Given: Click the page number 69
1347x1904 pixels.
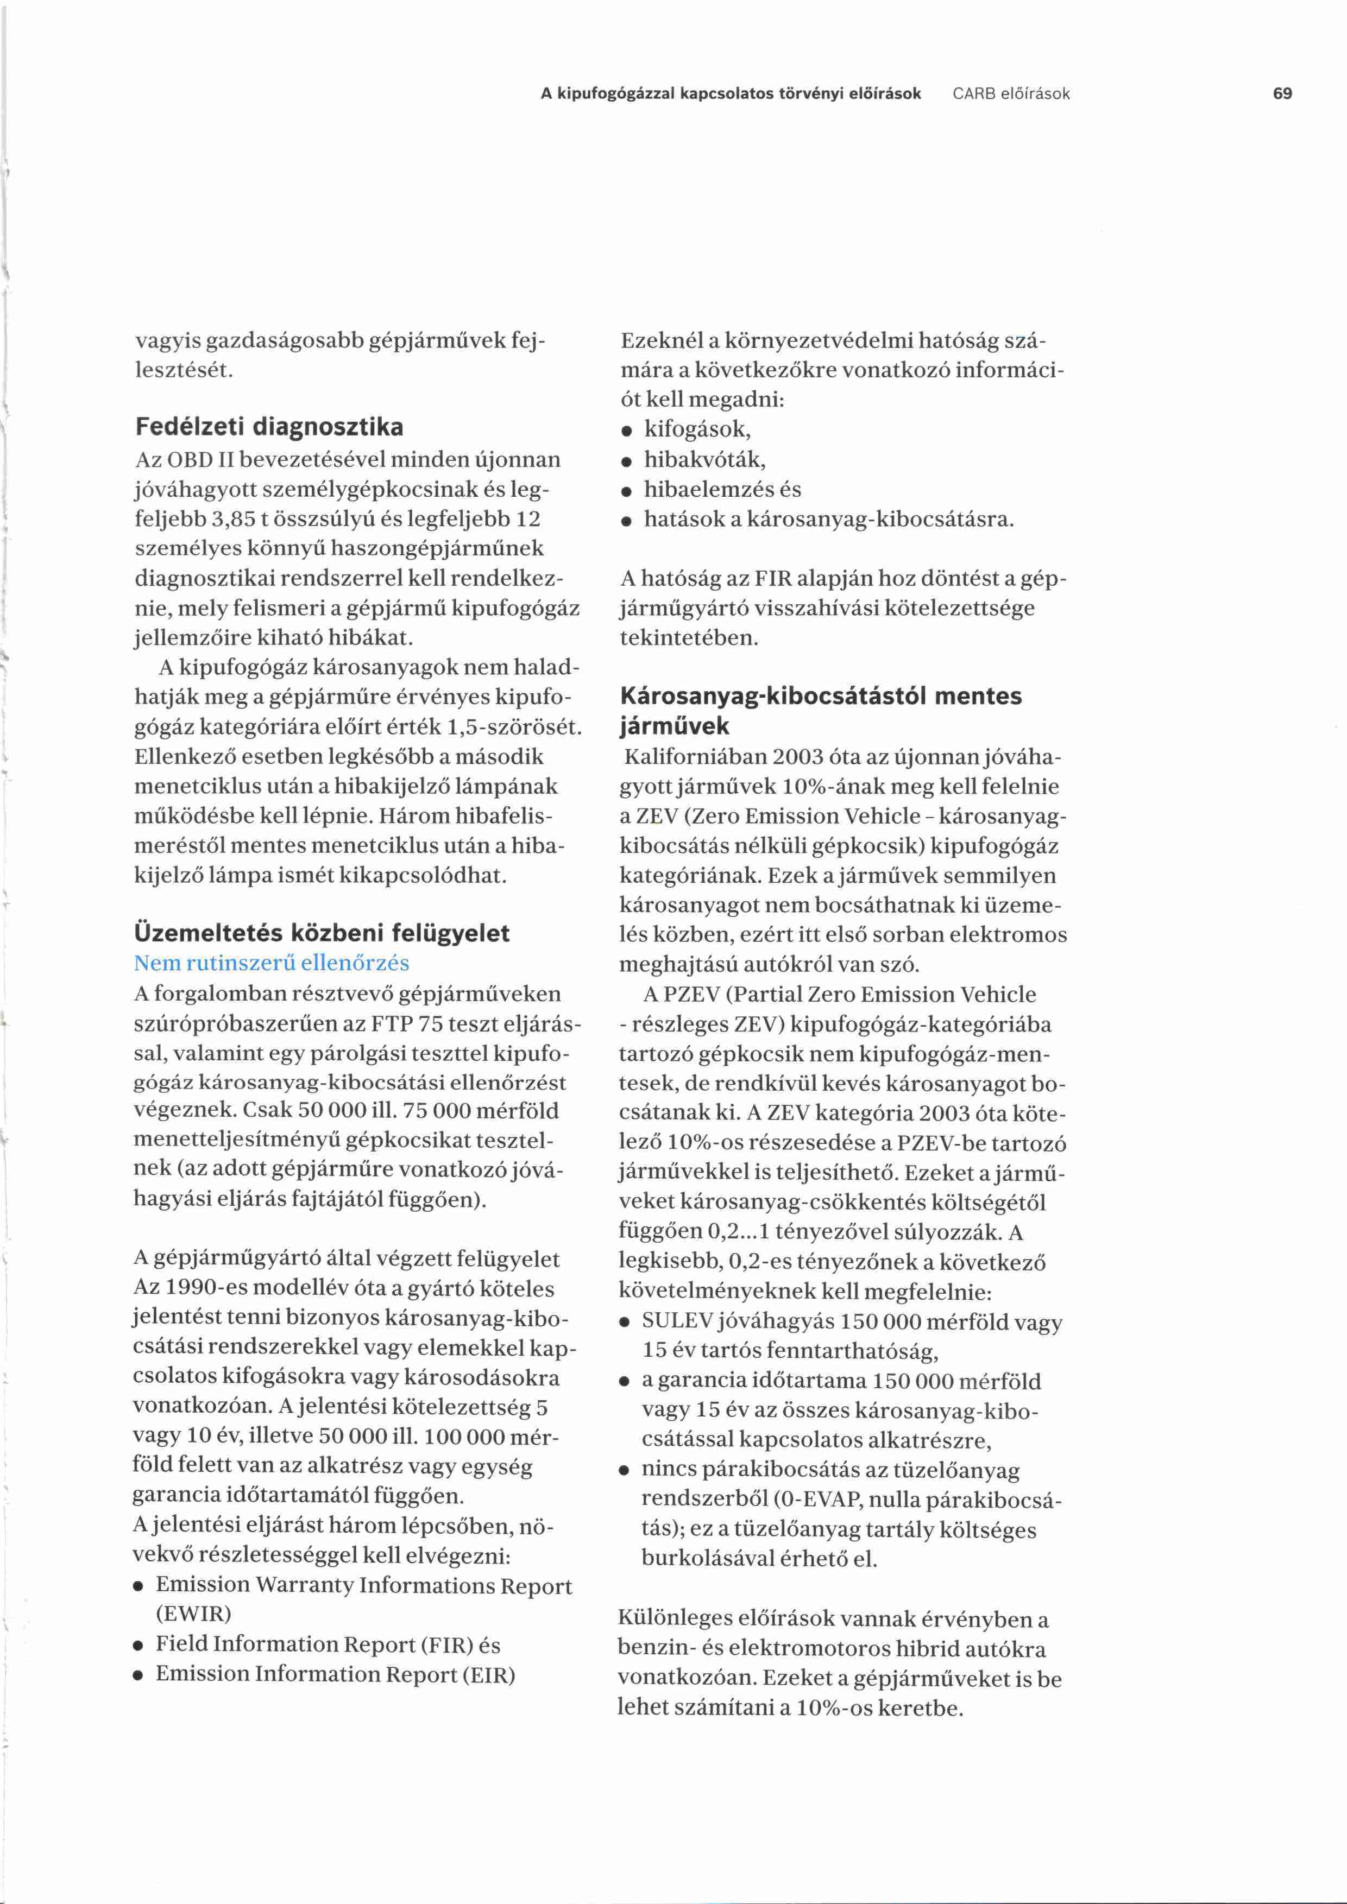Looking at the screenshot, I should tap(1282, 94).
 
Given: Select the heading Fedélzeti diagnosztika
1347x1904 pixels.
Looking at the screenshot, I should tap(269, 427).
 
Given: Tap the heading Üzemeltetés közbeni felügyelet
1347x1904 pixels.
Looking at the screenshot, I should tap(322, 933).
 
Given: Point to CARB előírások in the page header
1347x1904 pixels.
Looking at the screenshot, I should tap(1011, 94).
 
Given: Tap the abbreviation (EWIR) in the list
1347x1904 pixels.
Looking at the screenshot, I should tap(193, 1614).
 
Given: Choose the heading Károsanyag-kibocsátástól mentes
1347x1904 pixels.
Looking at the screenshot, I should tap(821, 696).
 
